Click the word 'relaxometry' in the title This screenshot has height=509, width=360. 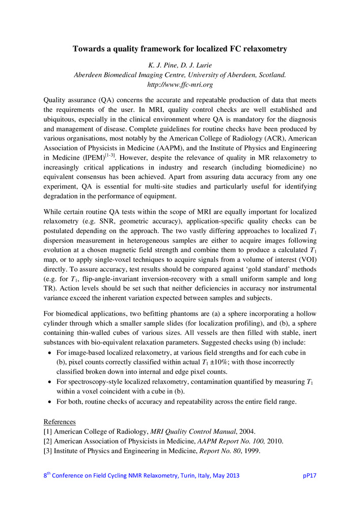coord(263,49)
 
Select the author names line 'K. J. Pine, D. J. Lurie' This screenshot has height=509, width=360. coord(180,66)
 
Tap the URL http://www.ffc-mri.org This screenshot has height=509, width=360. coord(180,84)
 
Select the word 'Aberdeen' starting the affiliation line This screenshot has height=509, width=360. coord(89,75)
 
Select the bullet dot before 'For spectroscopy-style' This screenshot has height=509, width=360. coord(49,381)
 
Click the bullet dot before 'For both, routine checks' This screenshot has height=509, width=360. coord(49,402)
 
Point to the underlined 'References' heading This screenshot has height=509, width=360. coord(60,422)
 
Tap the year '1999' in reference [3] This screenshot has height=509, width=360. coord(251,451)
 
